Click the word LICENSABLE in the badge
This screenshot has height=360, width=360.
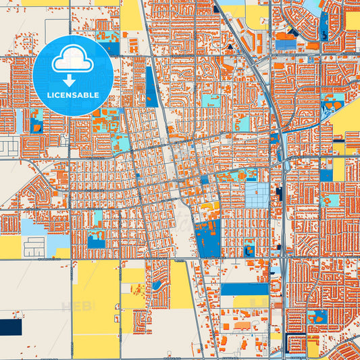pos(72,95)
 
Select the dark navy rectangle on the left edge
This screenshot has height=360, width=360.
pos(10,327)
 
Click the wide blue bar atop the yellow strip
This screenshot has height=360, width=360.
pos(244,289)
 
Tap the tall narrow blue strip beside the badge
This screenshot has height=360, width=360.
pos(151,86)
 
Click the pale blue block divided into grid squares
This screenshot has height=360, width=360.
pos(255,196)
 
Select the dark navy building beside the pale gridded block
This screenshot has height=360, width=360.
pos(279,195)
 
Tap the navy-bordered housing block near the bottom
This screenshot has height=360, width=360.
pos(294,344)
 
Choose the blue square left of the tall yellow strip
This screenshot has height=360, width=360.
pos(326,175)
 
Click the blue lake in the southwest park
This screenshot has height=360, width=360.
pos(96,240)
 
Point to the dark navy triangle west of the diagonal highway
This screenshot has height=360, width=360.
pos(230,47)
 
